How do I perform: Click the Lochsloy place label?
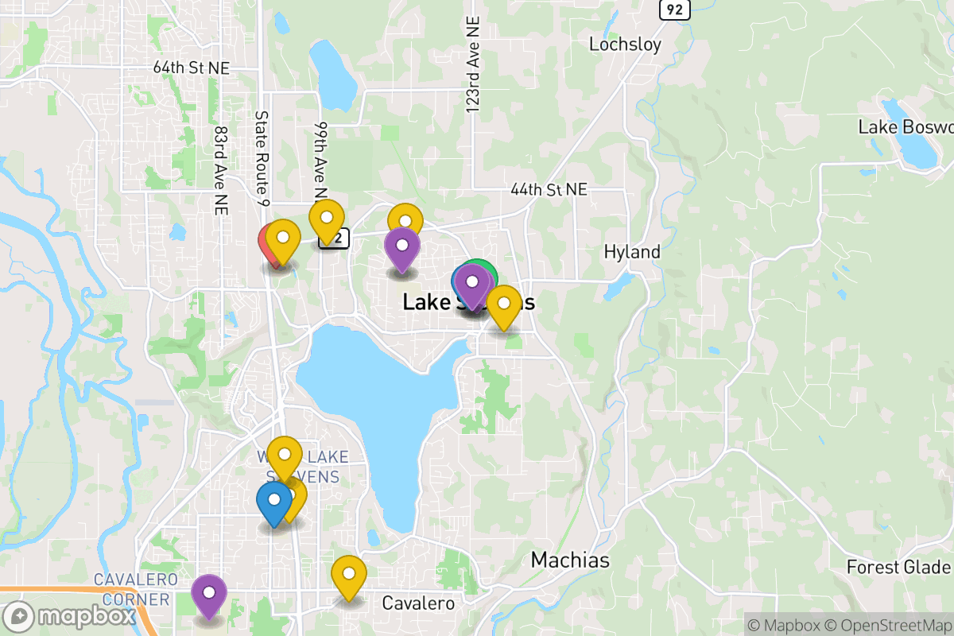pos(625,45)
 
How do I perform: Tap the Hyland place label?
pos(632,252)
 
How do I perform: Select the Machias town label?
pos(570,560)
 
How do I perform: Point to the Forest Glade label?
pos(898,567)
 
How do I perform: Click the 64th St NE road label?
pos(191,68)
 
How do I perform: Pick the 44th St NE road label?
pos(549,190)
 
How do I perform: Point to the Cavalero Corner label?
pos(132,588)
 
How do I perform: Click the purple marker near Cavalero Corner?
pos(209,594)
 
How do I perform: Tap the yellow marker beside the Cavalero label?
pos(348,576)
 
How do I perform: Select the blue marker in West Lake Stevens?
pos(273,502)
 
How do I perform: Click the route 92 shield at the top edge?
pos(674,9)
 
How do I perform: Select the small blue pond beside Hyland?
pos(619,285)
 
